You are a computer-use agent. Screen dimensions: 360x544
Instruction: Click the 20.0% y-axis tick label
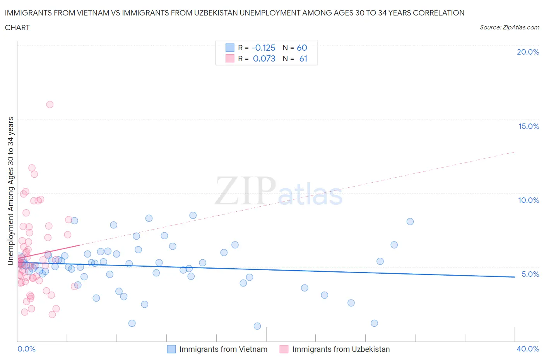[528, 52]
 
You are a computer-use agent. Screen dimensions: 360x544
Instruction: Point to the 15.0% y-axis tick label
[529, 126]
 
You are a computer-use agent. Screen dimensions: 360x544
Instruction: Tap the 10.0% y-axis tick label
[529, 200]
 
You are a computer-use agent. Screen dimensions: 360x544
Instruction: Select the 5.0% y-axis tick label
[530, 274]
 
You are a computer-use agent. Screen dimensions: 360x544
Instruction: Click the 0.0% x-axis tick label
[26, 349]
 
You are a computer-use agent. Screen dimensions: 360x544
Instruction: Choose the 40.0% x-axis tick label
[528, 349]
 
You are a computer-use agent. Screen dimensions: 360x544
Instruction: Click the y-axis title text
[10, 191]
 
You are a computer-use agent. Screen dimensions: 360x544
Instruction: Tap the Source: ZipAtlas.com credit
[509, 27]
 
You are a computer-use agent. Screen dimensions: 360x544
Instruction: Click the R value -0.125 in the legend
[263, 48]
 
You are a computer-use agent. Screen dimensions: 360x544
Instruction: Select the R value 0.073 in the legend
[264, 58]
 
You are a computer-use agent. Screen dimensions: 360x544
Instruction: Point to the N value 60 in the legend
[302, 48]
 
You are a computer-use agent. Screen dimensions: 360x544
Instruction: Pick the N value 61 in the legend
[303, 58]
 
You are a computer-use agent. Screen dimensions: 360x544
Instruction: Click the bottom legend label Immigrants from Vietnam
[223, 349]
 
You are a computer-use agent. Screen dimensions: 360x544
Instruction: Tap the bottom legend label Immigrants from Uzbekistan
[341, 349]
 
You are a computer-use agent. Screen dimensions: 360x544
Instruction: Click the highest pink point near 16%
[50, 105]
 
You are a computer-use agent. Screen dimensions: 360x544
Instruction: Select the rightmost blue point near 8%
[410, 221]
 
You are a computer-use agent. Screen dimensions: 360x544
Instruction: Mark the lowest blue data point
[257, 326]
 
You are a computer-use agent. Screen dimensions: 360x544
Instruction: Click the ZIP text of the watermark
[245, 191]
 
